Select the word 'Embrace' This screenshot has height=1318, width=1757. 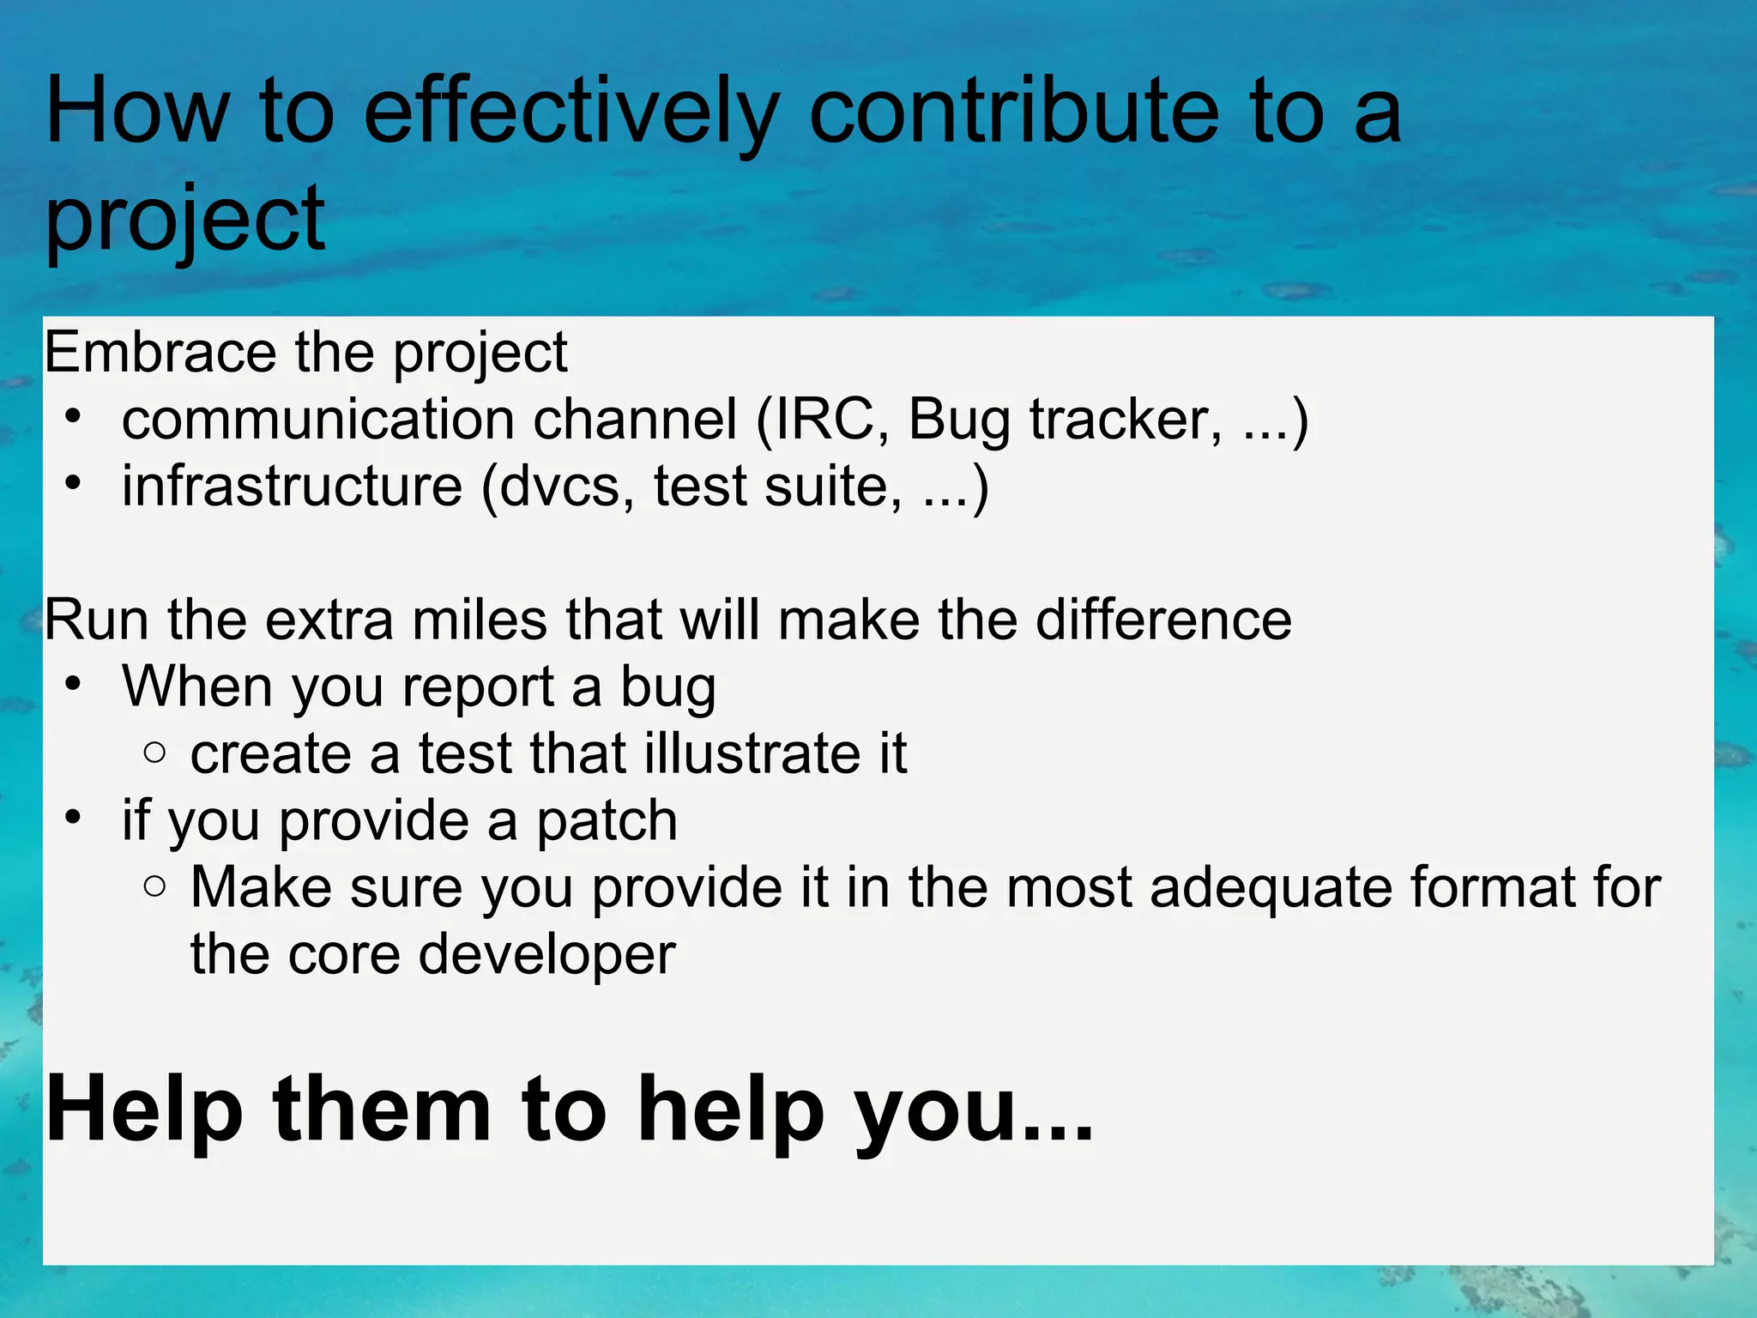160,353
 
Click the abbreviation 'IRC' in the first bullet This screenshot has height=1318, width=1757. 826,420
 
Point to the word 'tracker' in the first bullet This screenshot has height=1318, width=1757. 1124,420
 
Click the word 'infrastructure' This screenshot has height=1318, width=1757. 292,487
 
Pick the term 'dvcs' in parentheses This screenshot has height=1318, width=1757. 558,487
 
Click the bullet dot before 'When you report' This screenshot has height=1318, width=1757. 74,685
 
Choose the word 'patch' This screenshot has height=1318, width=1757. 607,821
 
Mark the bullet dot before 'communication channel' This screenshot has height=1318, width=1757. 74,418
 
